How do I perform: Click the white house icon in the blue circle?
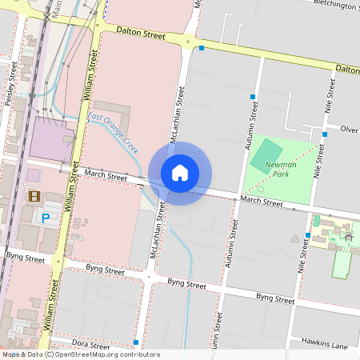click(180, 173)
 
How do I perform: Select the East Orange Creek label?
click(114, 133)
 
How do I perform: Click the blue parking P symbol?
click(46, 217)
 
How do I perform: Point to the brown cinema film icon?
click(34, 196)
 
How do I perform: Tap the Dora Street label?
click(90, 345)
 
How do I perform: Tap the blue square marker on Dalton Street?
click(202, 48)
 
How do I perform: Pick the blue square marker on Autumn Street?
click(253, 97)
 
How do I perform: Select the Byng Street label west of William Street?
click(26, 258)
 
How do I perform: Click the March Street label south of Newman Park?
click(261, 202)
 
